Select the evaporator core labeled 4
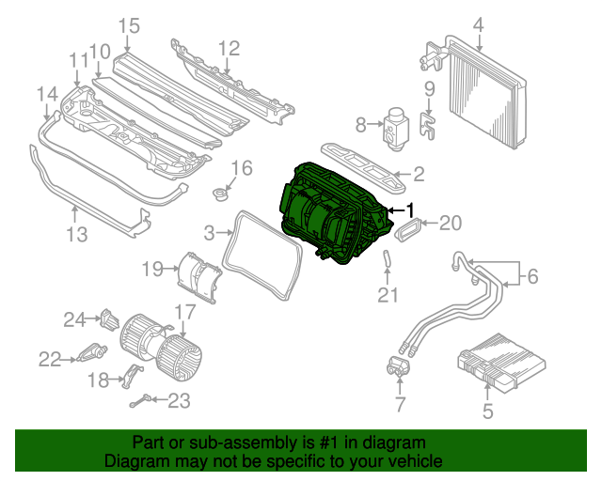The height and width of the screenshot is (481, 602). (484, 94)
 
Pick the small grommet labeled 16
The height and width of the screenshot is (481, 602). (222, 195)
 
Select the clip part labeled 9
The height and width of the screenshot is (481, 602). (429, 125)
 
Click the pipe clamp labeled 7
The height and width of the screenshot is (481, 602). (398, 368)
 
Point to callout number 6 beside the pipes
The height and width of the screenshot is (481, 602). (532, 276)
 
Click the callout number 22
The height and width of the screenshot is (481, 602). (49, 358)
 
